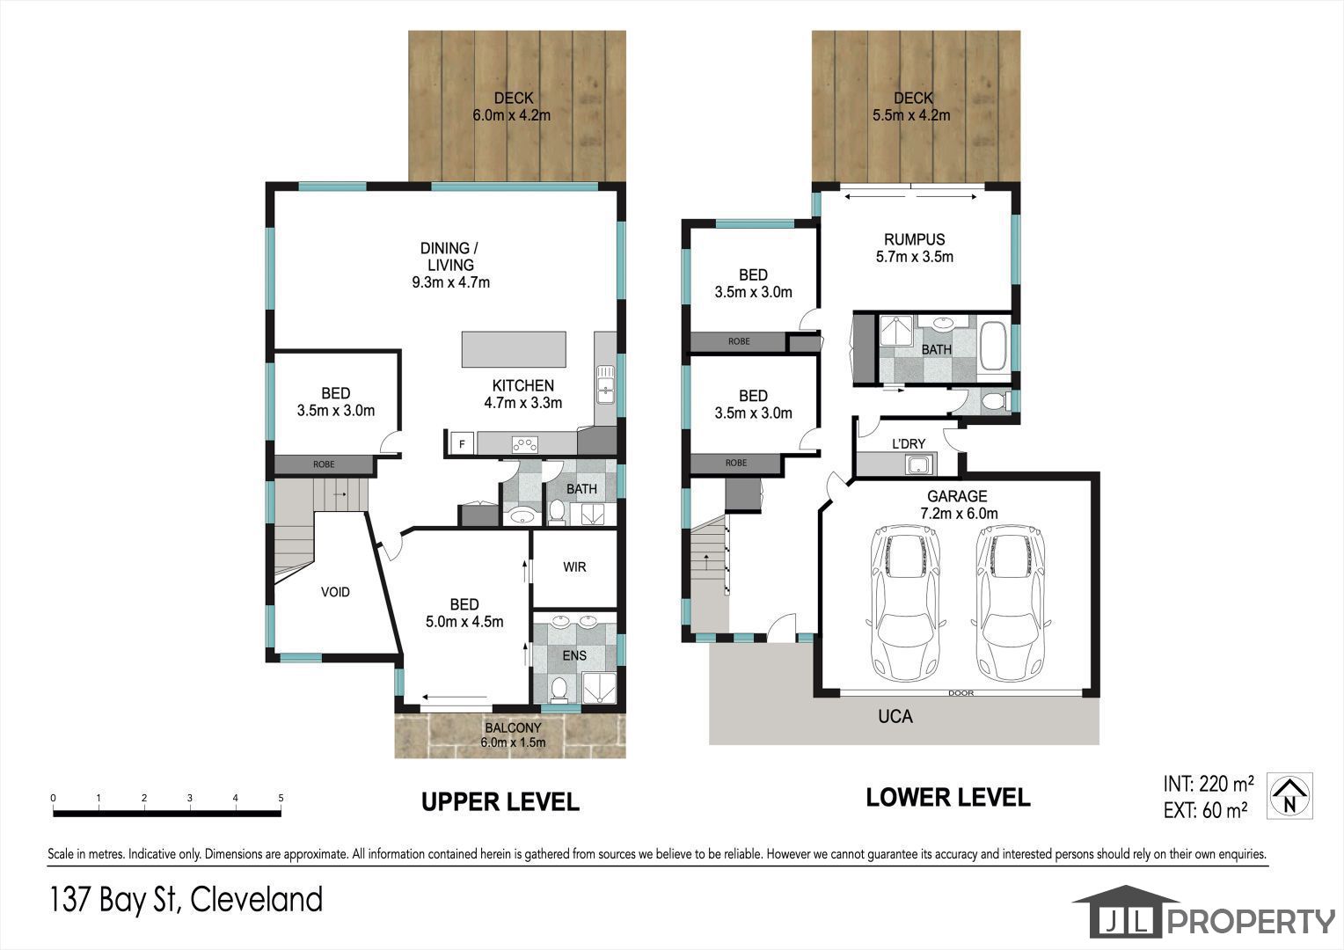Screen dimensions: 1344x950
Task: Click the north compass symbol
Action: pos(1289,796)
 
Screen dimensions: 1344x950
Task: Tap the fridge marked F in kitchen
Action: pos(462,444)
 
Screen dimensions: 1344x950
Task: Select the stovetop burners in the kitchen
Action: pos(524,445)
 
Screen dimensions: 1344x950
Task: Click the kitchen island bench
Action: pos(514,349)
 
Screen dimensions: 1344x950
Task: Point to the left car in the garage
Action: pos(905,603)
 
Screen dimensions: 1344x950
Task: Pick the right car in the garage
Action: pos(1011,603)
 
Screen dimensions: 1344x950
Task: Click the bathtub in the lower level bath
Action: pos(994,347)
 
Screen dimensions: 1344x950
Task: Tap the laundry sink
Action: pos(919,464)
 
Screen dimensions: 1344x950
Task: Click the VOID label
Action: pos(335,592)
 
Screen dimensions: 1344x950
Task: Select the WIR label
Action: pos(574,567)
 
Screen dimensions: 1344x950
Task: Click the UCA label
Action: pos(895,717)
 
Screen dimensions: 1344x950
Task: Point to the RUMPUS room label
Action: pos(915,239)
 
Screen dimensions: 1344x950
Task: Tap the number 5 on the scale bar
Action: pos(281,798)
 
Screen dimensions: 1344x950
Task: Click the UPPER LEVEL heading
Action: pos(500,802)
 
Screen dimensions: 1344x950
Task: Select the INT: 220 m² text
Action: pos(1209,783)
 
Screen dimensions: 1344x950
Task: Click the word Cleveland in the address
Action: pos(256,900)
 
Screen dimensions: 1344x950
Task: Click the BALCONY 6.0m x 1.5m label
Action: pos(513,735)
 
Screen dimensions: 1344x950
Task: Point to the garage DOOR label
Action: pos(961,693)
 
